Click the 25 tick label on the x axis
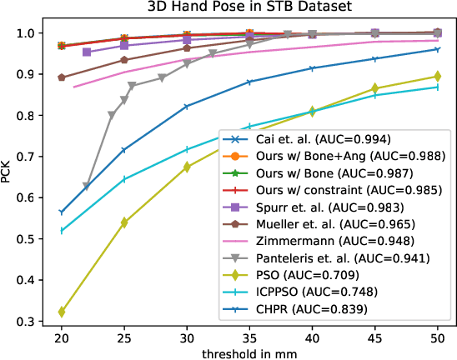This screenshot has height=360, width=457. coord(124,335)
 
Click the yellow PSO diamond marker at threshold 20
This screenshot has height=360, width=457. coord(62,312)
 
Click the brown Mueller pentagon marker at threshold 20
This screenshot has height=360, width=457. coord(62,77)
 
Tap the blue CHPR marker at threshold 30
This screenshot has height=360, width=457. coord(187,107)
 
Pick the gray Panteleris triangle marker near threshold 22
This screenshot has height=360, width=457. coord(87,187)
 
